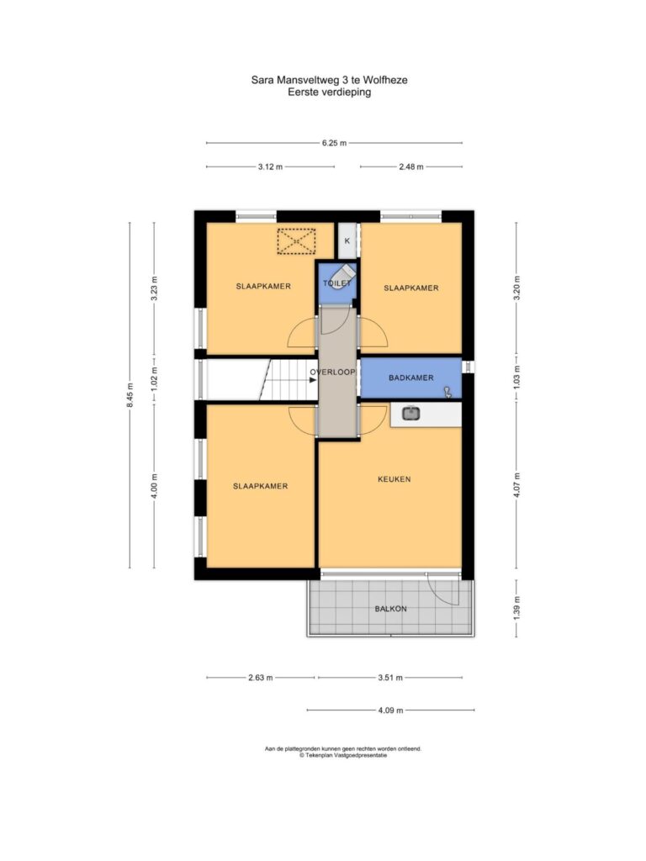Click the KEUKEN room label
[x=394, y=478]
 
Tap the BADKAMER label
[x=410, y=378]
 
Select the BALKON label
[x=390, y=609]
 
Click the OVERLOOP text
[x=332, y=372]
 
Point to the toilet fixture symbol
[x=344, y=274]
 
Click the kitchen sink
[x=410, y=413]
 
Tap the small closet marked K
[x=347, y=240]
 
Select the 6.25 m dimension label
[x=334, y=143]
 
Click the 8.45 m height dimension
[x=130, y=395]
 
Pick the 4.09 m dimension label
[x=390, y=710]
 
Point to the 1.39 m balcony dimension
[x=516, y=609]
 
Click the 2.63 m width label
[x=261, y=678]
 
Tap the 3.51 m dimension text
[x=390, y=678]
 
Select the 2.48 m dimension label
[x=410, y=166]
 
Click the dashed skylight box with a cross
[x=296, y=241]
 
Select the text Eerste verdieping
[x=330, y=92]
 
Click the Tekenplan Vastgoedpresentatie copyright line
[x=343, y=755]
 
